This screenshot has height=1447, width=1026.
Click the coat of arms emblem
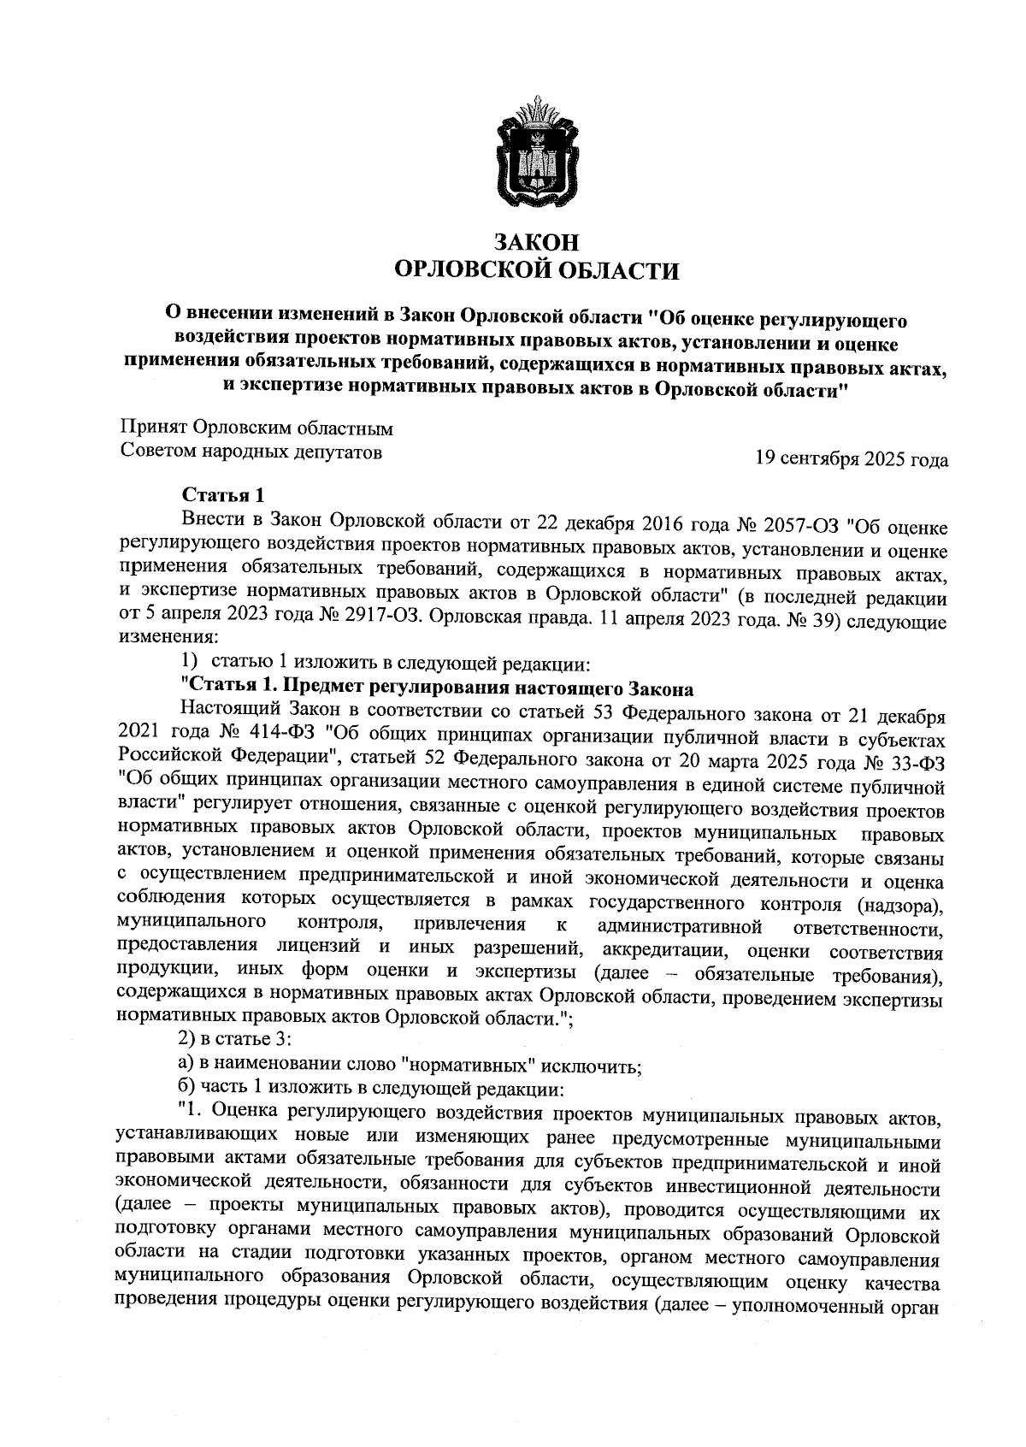pos(538,155)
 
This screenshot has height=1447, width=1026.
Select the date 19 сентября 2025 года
pos(851,459)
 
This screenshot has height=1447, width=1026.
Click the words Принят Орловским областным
pos(256,428)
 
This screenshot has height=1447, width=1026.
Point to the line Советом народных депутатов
pos(250,451)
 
